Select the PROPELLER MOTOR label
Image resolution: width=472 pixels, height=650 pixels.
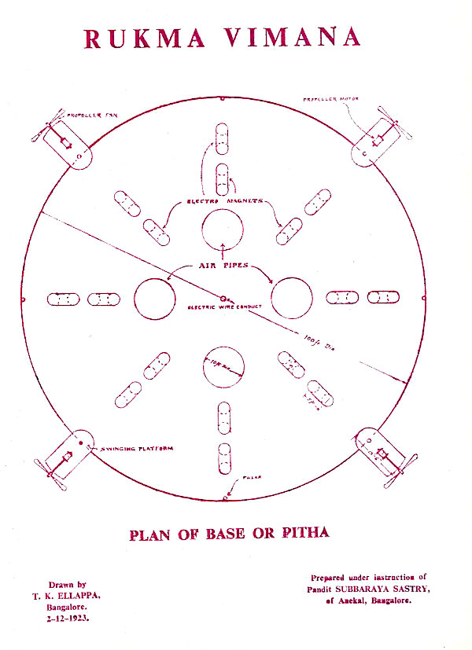(326, 99)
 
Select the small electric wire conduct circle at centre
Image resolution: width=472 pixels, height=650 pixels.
(225, 299)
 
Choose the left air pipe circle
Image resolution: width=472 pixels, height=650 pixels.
(155, 299)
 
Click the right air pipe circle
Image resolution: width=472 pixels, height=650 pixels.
(292, 299)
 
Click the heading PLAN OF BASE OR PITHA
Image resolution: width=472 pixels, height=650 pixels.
(229, 534)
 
